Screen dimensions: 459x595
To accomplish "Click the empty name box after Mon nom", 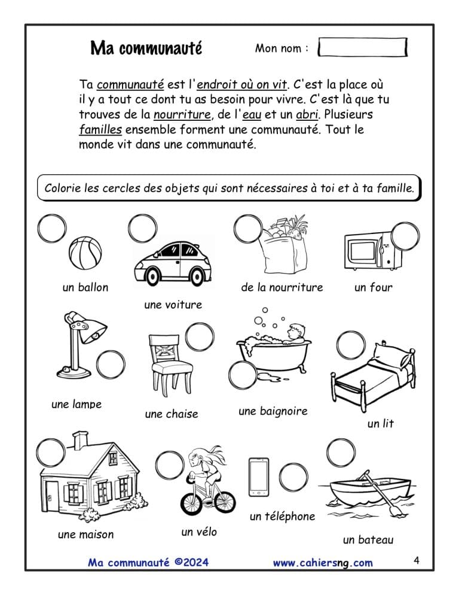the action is (362, 47).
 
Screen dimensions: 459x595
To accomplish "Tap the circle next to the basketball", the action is (52, 229).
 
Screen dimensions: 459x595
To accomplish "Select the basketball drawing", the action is (85, 253).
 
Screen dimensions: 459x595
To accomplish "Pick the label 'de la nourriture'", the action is (282, 287).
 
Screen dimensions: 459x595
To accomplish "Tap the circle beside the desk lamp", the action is (111, 365).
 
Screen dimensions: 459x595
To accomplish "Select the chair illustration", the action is (170, 365).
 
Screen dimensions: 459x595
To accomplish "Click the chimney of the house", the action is (80, 441).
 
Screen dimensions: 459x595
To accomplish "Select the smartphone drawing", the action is (259, 477).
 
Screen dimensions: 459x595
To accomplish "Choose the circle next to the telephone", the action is (293, 477).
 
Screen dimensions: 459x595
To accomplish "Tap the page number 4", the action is (417, 560).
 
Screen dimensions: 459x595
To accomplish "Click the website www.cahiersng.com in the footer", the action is (323, 562).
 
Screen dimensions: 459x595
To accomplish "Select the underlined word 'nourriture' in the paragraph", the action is (182, 114).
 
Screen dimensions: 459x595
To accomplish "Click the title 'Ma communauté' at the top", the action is (146, 48).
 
